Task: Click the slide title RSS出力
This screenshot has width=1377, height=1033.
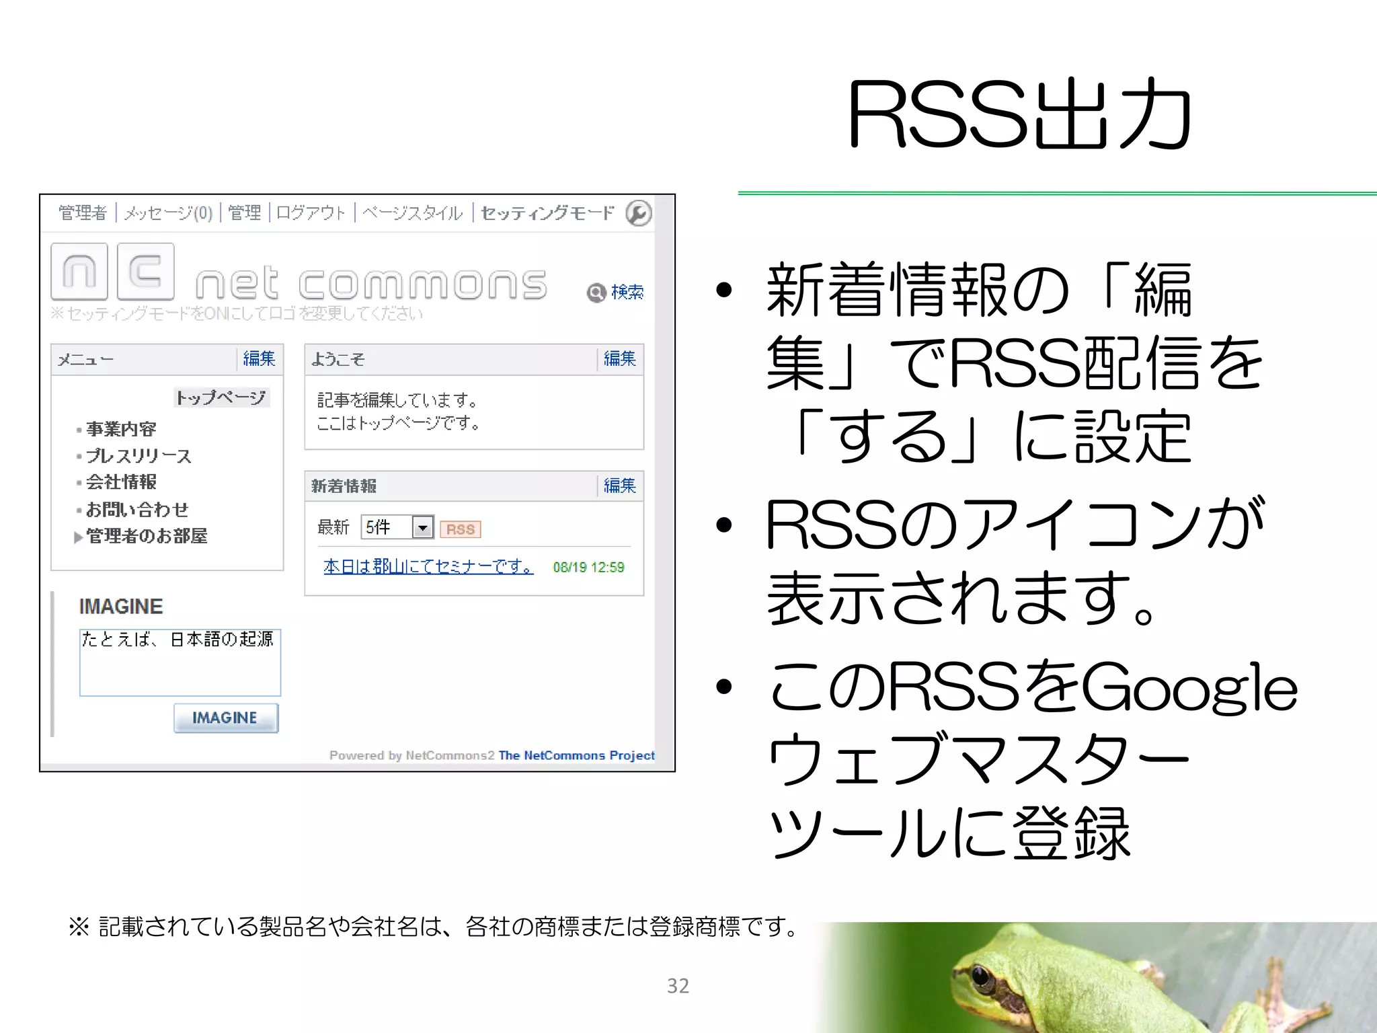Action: [1019, 114]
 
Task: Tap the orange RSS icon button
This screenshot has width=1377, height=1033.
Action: [461, 529]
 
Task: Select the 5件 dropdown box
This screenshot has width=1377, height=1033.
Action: [397, 527]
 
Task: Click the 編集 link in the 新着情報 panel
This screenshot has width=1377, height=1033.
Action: [619, 486]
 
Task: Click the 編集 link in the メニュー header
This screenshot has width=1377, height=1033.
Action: [259, 358]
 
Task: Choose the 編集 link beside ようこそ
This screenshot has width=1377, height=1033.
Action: [619, 358]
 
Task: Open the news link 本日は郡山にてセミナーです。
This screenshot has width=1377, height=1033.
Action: [428, 567]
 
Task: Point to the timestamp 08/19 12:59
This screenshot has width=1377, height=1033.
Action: [588, 568]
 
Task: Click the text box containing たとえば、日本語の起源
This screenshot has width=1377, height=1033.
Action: [180, 662]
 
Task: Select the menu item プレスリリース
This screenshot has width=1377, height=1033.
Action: [139, 456]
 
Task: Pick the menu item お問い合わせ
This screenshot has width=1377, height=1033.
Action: [137, 510]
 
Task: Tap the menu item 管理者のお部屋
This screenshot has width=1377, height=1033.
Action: [147, 536]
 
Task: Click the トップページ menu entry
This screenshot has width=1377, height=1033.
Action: [221, 397]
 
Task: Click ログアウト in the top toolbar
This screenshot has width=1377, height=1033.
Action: [311, 213]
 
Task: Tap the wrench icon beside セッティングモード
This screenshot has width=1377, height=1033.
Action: [638, 213]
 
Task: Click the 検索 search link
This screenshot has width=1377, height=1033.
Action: [627, 292]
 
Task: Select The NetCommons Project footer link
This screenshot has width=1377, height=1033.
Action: [576, 755]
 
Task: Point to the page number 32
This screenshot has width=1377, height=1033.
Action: [678, 985]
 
